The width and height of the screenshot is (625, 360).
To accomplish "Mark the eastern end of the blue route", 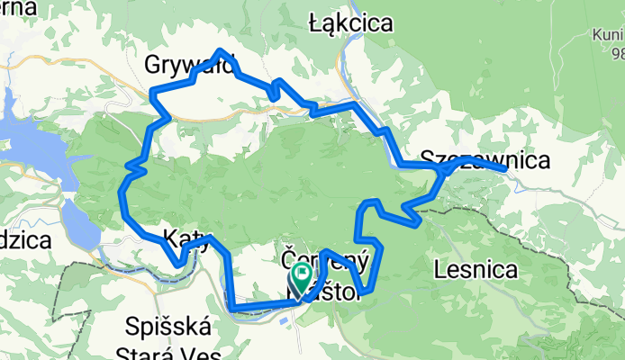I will click(x=505, y=168).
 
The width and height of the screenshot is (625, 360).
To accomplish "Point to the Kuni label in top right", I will click(x=607, y=35).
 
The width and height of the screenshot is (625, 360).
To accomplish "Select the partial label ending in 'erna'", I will click(x=18, y=8).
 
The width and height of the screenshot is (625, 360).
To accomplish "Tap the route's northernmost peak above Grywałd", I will click(x=221, y=50).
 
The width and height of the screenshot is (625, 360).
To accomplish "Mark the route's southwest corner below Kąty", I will click(x=233, y=310).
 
